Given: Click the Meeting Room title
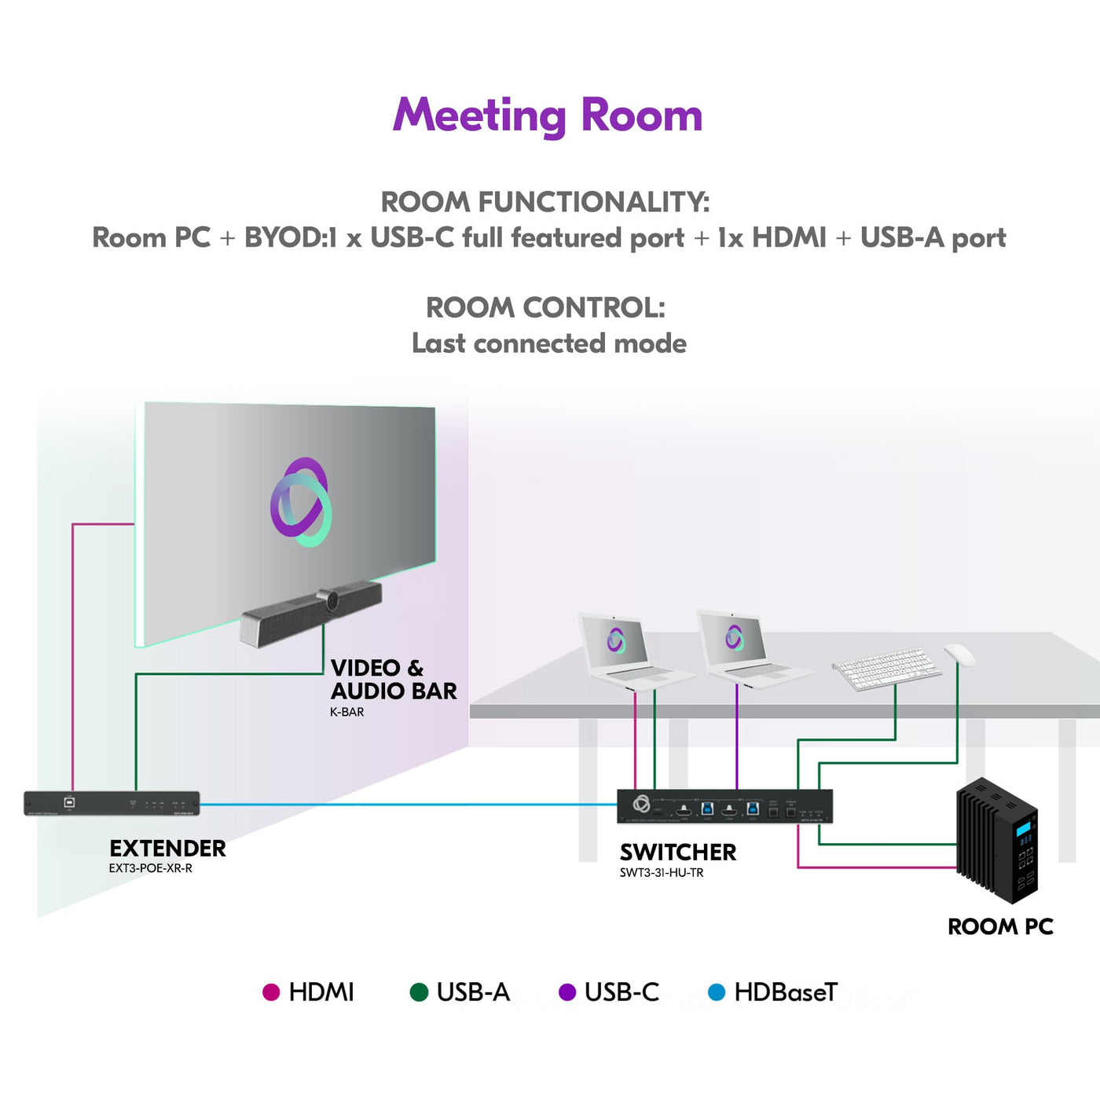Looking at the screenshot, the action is [x=548, y=115].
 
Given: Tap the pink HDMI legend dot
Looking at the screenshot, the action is [x=270, y=992].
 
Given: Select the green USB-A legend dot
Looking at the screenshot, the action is [x=419, y=992].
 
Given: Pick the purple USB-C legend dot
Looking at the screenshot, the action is [x=566, y=992].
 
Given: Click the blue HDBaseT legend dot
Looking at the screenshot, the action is [x=717, y=992].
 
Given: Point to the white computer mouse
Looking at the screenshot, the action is [x=959, y=654].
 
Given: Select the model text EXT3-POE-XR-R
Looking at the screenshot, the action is [x=151, y=868].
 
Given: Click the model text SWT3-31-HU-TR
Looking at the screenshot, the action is [x=662, y=872].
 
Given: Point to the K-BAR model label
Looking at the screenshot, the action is [x=347, y=712].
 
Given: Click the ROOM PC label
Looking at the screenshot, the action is [x=1001, y=926].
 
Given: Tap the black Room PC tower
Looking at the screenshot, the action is [x=997, y=840].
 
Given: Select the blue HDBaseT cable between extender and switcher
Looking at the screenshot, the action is [x=408, y=805].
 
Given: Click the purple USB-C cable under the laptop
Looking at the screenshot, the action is [x=737, y=736].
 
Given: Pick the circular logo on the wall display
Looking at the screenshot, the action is [x=301, y=502].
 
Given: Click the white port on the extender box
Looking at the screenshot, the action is [x=69, y=802].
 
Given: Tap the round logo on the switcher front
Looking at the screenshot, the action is [x=641, y=805].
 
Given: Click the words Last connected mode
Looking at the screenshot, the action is [x=549, y=343].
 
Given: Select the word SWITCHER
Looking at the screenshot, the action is [x=678, y=852].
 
